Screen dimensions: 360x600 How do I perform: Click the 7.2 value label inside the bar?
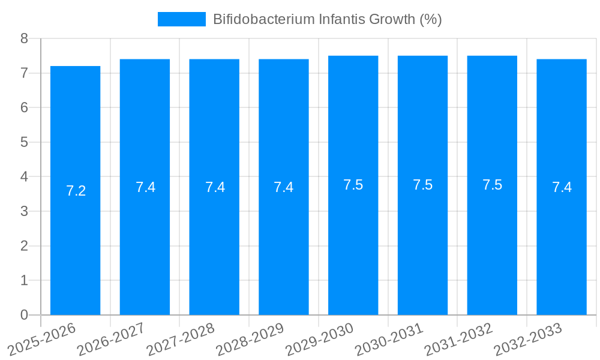pos(76,191)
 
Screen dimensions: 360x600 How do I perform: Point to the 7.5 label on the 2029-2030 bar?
pos(353,185)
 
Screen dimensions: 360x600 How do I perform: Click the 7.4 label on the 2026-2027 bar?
pos(145,187)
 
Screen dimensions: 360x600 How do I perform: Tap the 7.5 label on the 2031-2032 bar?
pos(493,185)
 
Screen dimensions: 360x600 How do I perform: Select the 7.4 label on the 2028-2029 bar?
pos(284,187)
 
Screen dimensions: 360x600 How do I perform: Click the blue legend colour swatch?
pos(181,19)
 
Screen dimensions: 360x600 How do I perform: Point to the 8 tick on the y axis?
pos(24,38)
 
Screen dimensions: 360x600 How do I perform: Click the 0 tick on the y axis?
pos(24,315)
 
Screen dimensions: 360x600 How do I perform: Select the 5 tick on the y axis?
pos(24,142)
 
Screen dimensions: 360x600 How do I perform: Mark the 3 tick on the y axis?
pos(24,211)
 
